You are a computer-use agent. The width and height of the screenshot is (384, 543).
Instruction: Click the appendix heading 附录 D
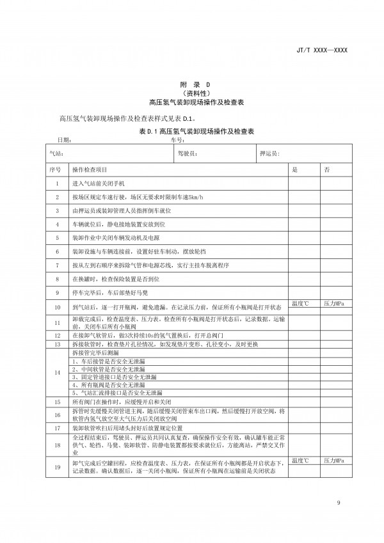point(192,84)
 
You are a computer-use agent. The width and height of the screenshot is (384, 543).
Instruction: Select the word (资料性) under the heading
point(192,93)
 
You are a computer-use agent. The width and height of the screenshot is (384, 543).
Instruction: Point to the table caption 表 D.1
point(192,130)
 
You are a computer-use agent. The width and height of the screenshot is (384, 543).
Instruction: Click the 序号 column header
point(54,169)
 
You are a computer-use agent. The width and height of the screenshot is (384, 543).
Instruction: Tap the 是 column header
point(296,169)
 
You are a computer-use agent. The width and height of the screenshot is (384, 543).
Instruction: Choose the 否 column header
point(328,169)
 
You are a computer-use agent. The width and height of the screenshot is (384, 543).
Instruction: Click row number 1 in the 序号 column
point(57,184)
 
